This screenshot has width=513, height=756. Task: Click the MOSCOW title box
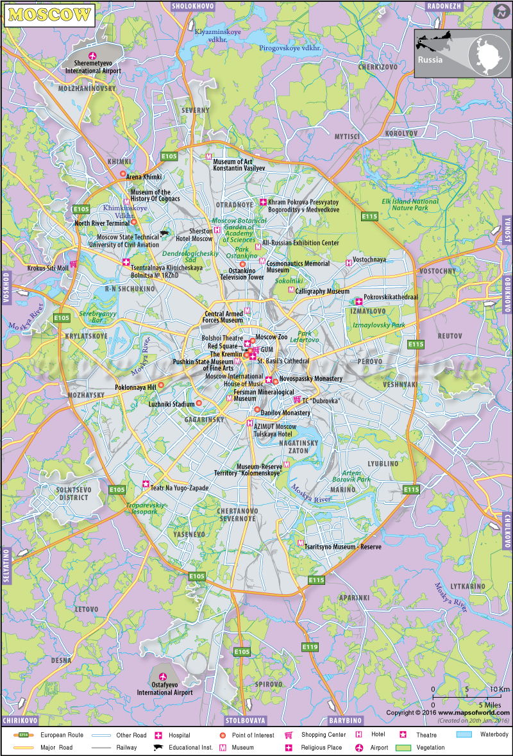coord(50,15)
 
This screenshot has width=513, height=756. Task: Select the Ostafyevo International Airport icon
coord(163,676)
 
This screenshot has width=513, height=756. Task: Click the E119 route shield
coord(310,647)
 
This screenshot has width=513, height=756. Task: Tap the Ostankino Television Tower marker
coord(242,264)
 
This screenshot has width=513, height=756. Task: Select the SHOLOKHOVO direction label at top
coord(193,6)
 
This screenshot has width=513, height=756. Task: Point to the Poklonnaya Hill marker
coord(161,385)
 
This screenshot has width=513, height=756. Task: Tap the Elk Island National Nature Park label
coord(410,205)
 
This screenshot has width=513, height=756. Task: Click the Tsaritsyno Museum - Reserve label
coord(343,547)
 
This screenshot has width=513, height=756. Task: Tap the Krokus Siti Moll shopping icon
coord(74,264)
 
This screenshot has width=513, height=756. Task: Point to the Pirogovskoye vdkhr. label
coord(290,48)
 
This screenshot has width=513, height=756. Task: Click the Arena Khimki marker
coord(122,174)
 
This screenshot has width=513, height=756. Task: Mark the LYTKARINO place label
coord(467,586)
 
